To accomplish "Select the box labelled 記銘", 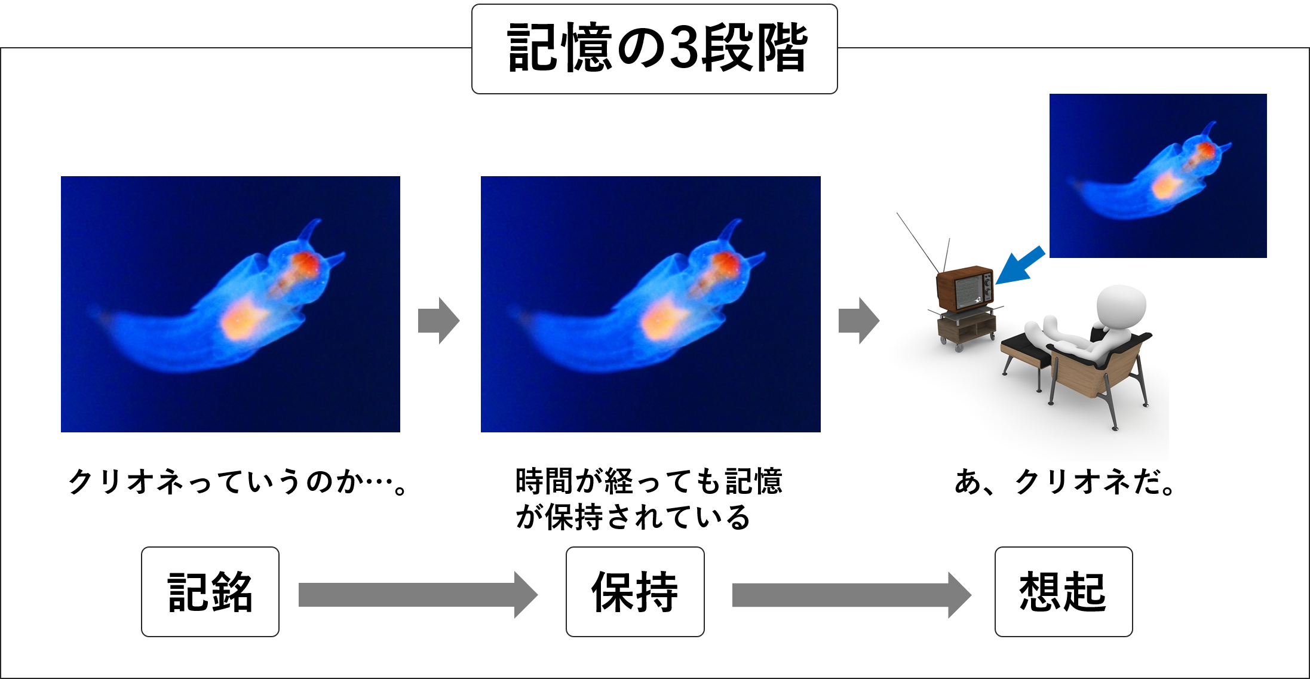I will (x=210, y=592).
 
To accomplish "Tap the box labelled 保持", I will (x=635, y=592).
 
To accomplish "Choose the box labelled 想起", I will (x=1063, y=592).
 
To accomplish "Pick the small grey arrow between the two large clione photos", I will (x=439, y=321).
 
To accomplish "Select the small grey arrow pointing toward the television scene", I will (x=859, y=321).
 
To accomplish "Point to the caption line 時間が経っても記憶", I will (x=649, y=481).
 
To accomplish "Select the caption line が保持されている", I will (x=633, y=517).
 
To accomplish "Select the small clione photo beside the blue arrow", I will (x=1158, y=176).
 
